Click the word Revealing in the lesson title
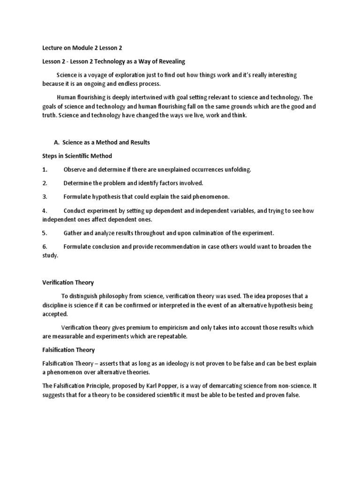[169, 61]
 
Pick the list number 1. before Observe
[45, 169]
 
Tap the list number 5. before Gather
[45, 233]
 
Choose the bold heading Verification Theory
[68, 283]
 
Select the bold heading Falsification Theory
[68, 350]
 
